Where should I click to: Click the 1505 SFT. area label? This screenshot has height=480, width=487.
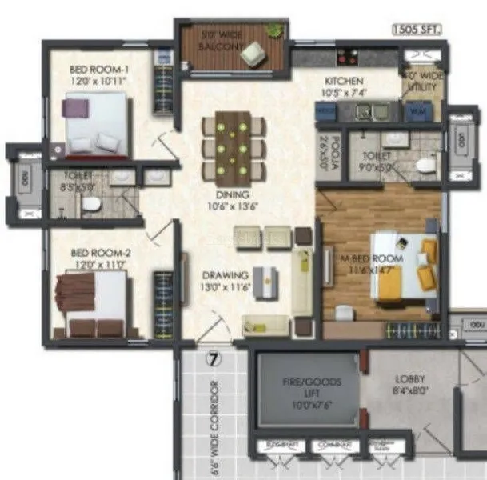[416, 30]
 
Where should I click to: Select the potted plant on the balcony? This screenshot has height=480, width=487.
[273, 30]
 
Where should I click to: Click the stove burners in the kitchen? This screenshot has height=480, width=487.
[348, 58]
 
